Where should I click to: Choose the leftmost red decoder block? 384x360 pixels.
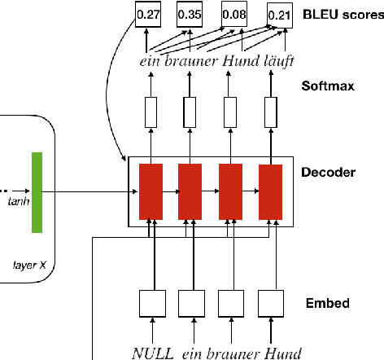pos(151,191)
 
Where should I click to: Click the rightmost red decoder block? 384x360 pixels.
pos(269,191)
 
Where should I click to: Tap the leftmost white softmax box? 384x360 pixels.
pos(151,112)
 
